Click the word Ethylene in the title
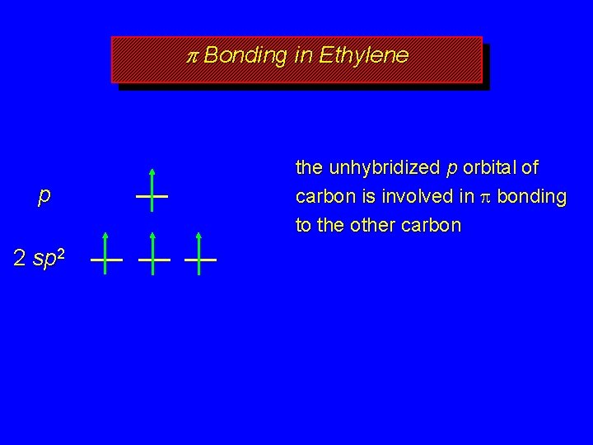363,55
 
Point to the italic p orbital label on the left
44,196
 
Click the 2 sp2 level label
40,258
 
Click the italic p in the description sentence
450,169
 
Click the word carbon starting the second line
323,197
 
